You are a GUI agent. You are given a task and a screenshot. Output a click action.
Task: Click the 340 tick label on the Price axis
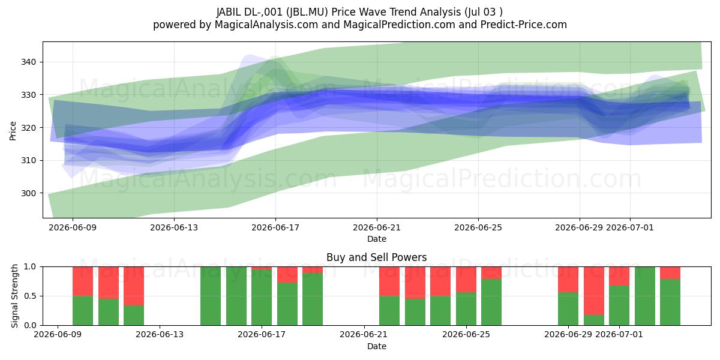tap(28, 62)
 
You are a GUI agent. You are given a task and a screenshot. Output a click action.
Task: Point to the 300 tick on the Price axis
tap(28, 193)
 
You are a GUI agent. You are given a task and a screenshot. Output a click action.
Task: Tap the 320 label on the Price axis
tap(28, 128)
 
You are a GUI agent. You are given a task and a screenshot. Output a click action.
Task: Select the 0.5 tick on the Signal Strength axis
tap(30, 296)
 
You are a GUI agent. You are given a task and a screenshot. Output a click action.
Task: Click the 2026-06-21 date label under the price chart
tap(377, 227)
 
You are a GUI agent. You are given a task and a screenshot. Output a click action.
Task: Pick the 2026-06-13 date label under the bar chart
tap(160, 334)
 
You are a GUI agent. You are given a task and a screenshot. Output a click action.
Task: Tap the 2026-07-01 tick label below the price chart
tap(630, 227)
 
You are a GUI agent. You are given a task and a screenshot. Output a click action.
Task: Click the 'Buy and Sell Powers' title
tap(377, 257)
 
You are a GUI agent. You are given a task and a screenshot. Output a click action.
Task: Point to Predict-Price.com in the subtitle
tap(524, 25)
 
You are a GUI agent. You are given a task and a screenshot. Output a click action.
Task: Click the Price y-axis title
tap(13, 131)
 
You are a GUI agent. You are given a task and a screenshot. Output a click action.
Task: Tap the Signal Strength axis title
tap(14, 296)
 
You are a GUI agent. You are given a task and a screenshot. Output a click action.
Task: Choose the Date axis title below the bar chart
tap(377, 346)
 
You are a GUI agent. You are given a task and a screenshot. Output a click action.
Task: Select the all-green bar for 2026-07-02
tap(645, 296)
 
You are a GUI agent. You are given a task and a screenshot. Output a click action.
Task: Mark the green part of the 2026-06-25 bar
tap(491, 302)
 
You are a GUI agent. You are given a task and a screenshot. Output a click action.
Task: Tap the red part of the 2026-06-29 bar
tap(568, 280)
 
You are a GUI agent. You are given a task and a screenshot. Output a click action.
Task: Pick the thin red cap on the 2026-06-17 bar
tap(262, 268)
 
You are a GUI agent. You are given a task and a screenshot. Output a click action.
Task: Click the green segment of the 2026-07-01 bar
tap(619, 305)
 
